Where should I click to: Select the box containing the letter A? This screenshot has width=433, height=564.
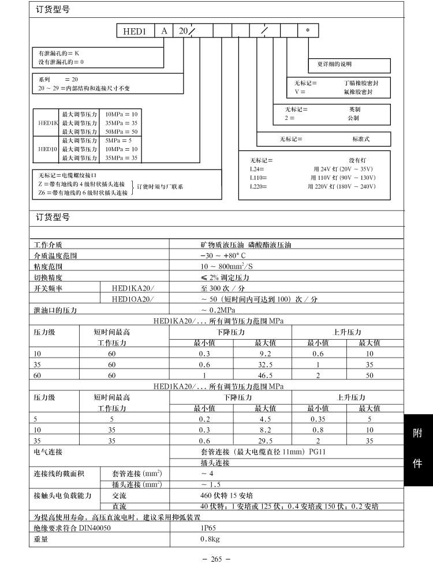[x=164, y=31]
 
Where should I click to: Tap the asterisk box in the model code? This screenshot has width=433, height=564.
[x=307, y=31]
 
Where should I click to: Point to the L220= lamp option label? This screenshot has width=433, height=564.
[x=258, y=186]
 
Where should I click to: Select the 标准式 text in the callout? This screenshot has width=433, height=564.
[x=360, y=139]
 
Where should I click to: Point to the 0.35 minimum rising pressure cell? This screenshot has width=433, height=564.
[x=319, y=419]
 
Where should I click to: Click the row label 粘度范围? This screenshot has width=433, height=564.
[x=48, y=266]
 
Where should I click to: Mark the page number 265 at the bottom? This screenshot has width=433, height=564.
[x=216, y=557]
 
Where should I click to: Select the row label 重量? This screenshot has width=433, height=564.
[x=41, y=539]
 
